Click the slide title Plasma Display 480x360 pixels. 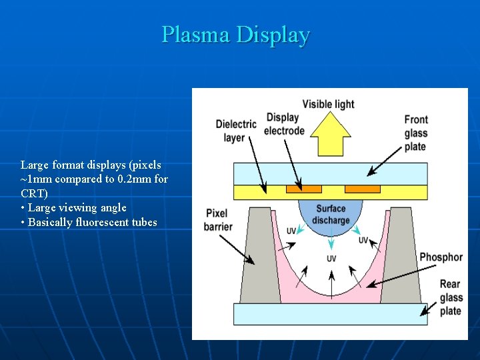tap(235, 34)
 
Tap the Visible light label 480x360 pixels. tap(328, 104)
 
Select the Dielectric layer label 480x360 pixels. tap(235, 131)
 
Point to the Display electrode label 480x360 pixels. tap(284, 124)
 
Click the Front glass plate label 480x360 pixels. tap(416, 133)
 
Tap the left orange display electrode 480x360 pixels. tap(303, 189)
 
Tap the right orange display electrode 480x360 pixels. tap(362, 189)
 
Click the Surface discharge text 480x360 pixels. tap(331, 215)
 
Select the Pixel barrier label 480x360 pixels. tap(218, 220)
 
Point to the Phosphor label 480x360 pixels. tap(441, 257)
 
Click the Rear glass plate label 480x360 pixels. tap(450, 297)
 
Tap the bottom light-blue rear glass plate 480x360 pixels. tap(330, 314)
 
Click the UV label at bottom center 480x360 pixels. tap(331, 259)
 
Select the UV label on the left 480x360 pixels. tap(291, 231)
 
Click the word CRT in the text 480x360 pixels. tap(34, 193)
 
